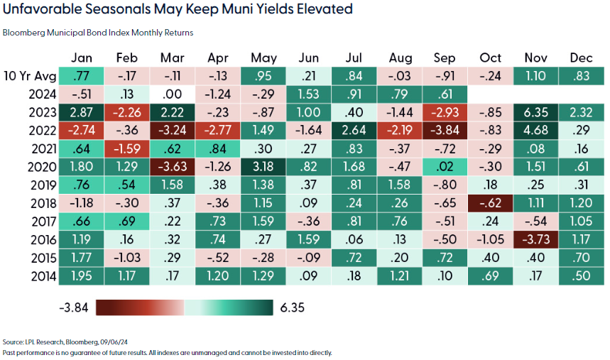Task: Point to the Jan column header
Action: point(81,58)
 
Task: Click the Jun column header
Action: point(310,58)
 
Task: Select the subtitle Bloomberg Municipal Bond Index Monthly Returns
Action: point(98,33)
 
